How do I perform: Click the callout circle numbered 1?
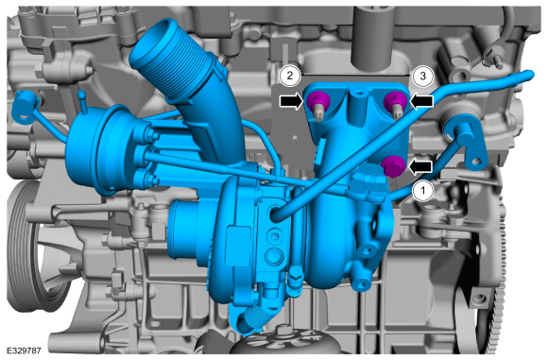pyautogui.click(x=423, y=191)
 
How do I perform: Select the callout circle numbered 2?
pyautogui.click(x=290, y=76)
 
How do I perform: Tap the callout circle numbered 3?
pyautogui.click(x=422, y=76)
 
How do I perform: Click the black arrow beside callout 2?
pyautogui.click(x=291, y=101)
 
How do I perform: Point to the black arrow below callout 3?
pyautogui.click(x=421, y=101)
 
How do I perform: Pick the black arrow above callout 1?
pyautogui.click(x=420, y=166)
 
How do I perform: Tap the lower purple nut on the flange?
pyautogui.click(x=394, y=166)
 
